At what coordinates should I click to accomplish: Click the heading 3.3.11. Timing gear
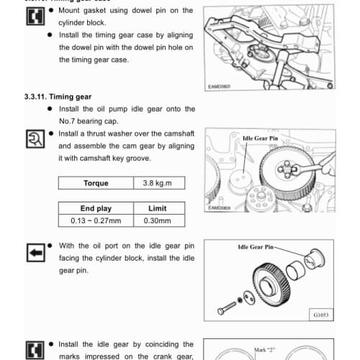coord(55,96)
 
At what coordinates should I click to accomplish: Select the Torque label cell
coord(96,183)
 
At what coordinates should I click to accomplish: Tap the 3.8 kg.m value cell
coord(159,183)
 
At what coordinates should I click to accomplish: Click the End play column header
coord(96,208)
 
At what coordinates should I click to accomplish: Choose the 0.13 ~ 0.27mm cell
coord(96,220)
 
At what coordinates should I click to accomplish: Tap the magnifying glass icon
coord(34,138)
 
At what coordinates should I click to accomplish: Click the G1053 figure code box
coord(321,315)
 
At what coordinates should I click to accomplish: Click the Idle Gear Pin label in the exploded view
coord(256,247)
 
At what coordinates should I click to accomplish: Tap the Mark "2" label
coord(266,351)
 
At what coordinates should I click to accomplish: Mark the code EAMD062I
coord(217,86)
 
